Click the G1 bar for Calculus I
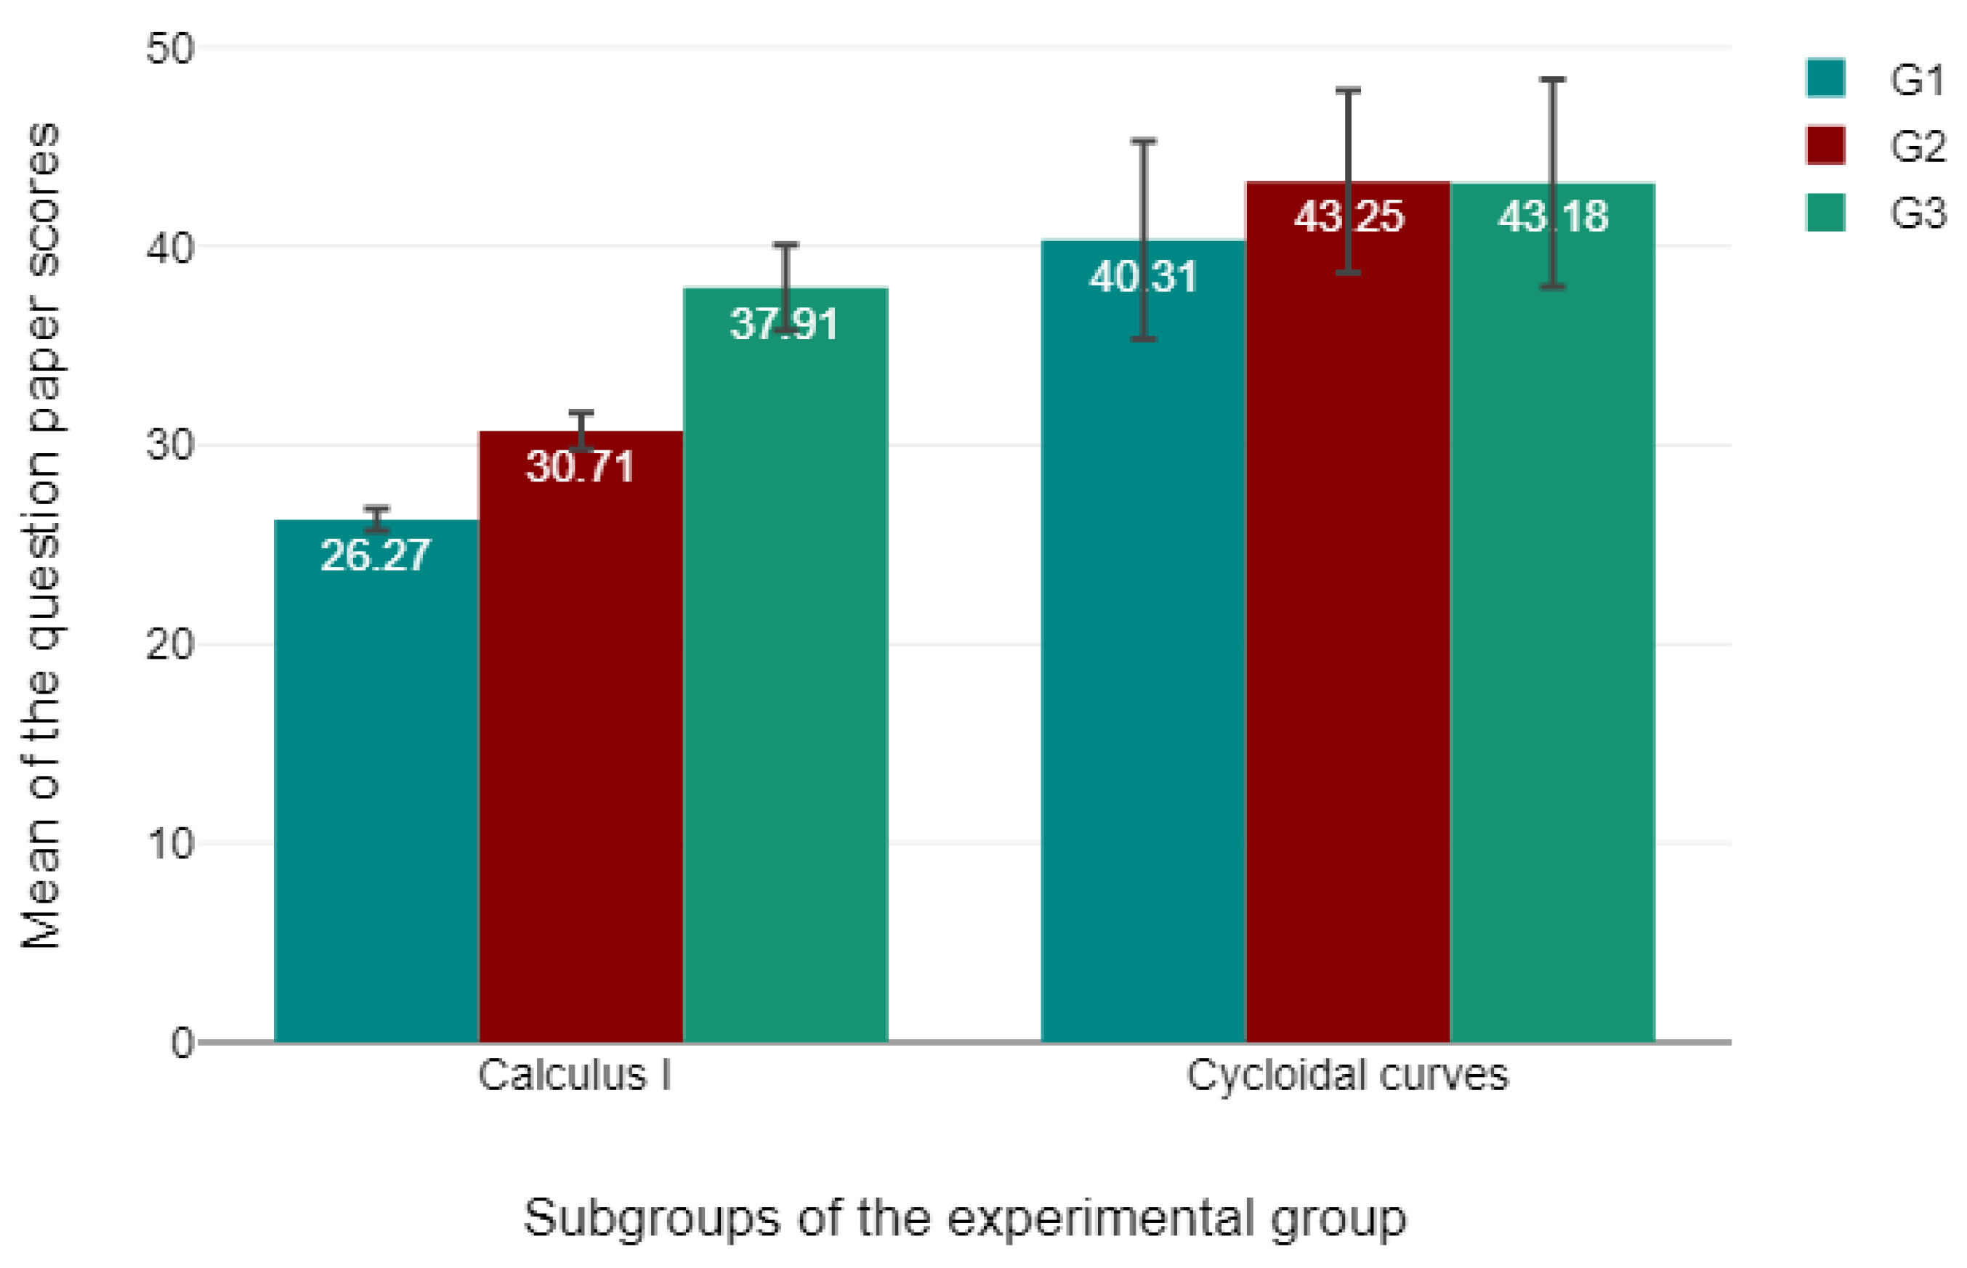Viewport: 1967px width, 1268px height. click(x=376, y=782)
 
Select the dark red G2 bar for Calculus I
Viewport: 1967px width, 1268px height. click(x=581, y=741)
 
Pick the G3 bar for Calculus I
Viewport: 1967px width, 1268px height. click(x=785, y=667)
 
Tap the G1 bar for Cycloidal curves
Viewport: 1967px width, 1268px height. click(x=1142, y=642)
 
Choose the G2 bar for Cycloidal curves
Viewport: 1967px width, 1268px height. click(x=1348, y=617)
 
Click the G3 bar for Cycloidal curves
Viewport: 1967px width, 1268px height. click(x=1552, y=617)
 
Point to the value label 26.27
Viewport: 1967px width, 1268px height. click(x=376, y=555)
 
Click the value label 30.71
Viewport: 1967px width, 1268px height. click(x=581, y=466)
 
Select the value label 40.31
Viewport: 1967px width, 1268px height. click(x=1142, y=276)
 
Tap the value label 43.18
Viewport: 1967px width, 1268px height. click(x=1552, y=216)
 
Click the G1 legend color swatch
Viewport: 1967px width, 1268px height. click(x=1825, y=78)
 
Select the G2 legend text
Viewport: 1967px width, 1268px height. click(x=1917, y=146)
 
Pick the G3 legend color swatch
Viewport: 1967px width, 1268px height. click(x=1825, y=213)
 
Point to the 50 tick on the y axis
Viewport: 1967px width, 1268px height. click(x=170, y=49)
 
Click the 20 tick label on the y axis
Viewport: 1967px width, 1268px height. click(x=170, y=645)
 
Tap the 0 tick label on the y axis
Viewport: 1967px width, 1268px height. click(x=181, y=1043)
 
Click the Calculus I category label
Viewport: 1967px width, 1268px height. click(x=574, y=1076)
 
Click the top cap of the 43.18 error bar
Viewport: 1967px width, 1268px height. click(x=1552, y=80)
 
